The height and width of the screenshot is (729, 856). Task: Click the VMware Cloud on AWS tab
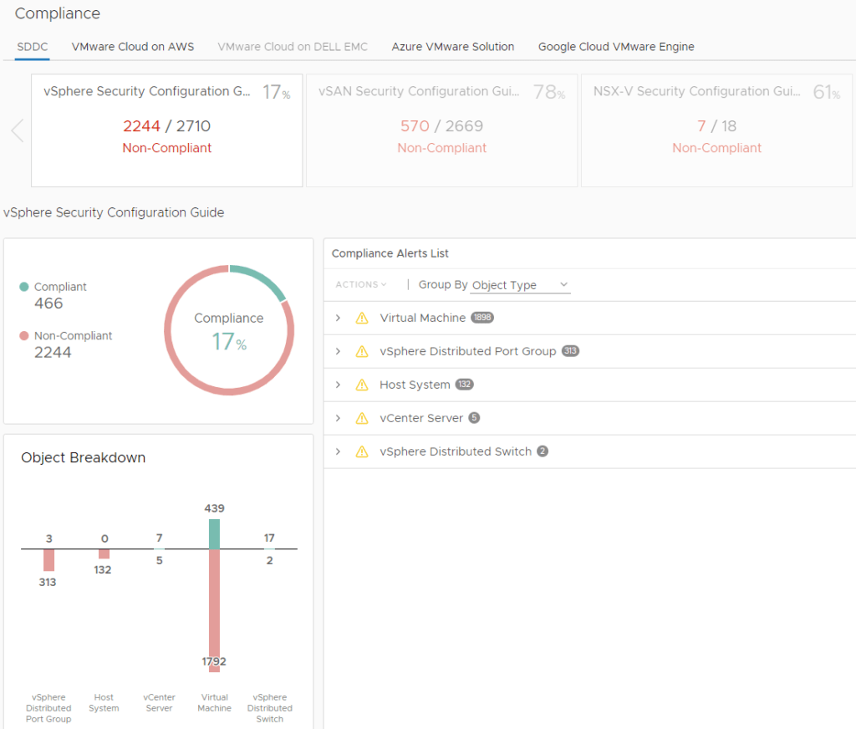pyautogui.click(x=133, y=47)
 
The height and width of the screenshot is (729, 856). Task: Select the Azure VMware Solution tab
pyautogui.click(x=452, y=47)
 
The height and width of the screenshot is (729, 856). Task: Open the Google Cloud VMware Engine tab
pyautogui.click(x=616, y=47)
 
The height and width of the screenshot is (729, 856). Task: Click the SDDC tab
pyautogui.click(x=33, y=47)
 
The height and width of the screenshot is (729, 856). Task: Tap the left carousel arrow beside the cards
pyautogui.click(x=17, y=130)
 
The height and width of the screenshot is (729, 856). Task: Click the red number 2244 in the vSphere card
pyautogui.click(x=141, y=126)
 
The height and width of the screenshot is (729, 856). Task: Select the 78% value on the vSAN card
pyautogui.click(x=549, y=93)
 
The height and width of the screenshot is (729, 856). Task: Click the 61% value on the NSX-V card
pyautogui.click(x=825, y=93)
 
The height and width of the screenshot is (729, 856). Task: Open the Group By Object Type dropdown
pyautogui.click(x=519, y=285)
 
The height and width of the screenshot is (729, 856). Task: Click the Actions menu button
pyautogui.click(x=360, y=285)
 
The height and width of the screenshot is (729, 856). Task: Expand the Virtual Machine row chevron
pyautogui.click(x=338, y=318)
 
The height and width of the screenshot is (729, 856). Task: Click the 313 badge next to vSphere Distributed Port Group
pyautogui.click(x=570, y=351)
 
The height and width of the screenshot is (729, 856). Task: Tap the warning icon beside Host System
pyautogui.click(x=362, y=385)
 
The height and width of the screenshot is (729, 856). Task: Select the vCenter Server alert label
pyautogui.click(x=421, y=418)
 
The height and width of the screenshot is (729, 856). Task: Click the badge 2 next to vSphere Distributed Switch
pyautogui.click(x=543, y=451)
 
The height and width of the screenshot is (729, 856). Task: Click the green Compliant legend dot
pyautogui.click(x=24, y=287)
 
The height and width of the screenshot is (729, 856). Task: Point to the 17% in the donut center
pyautogui.click(x=228, y=341)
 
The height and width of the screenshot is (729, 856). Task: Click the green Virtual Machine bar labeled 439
pyautogui.click(x=214, y=533)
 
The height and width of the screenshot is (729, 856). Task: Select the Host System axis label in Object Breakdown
pyautogui.click(x=104, y=702)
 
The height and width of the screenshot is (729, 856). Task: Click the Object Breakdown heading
pyautogui.click(x=83, y=457)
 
